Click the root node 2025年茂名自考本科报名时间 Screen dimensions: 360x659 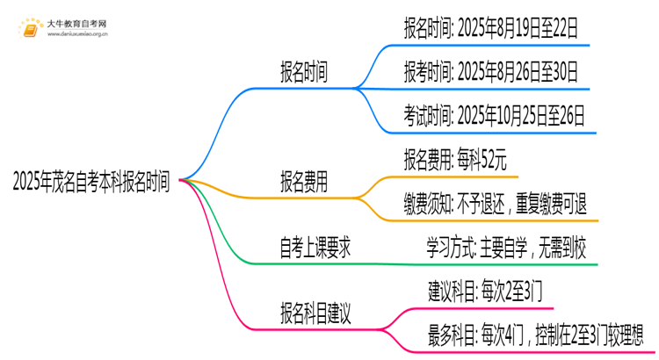91,182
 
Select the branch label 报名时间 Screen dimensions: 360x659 304,73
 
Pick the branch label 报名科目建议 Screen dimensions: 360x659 315,313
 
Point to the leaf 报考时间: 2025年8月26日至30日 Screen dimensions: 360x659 490,71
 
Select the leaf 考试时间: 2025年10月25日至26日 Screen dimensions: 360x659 494,114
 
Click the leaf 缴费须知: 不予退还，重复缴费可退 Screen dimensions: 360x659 495,204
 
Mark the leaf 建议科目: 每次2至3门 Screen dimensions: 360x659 478,291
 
